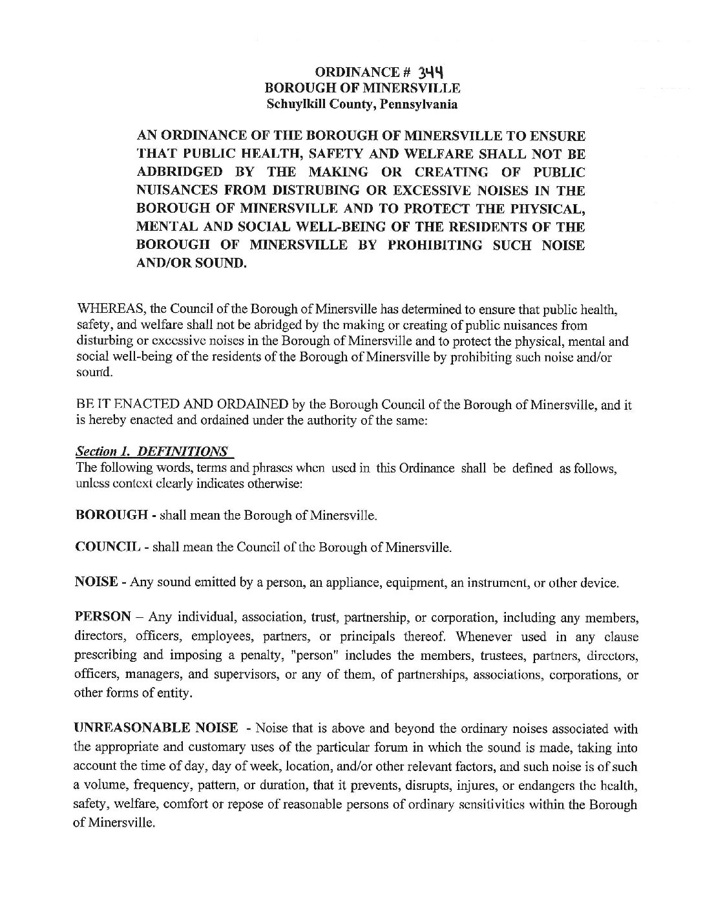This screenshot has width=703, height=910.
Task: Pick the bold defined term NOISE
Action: point(96,582)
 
